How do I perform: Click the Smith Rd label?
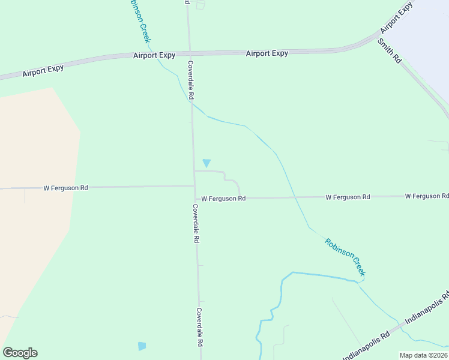(390, 51)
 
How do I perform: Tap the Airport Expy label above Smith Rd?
(397, 17)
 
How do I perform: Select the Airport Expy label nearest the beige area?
(43, 70)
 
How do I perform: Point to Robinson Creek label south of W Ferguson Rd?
(345, 257)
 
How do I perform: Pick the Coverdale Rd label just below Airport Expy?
(191, 80)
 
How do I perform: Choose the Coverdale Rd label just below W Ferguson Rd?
(196, 223)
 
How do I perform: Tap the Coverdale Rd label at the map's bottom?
(199, 328)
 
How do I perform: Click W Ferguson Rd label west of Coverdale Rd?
(65, 188)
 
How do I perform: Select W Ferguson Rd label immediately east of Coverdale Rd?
(223, 198)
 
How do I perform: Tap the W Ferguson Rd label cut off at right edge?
(427, 196)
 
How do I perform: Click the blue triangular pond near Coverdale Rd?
(207, 163)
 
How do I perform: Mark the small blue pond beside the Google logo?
(142, 346)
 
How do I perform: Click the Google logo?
(20, 353)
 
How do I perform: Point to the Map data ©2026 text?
(423, 355)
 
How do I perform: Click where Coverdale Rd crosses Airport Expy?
(189, 53)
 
